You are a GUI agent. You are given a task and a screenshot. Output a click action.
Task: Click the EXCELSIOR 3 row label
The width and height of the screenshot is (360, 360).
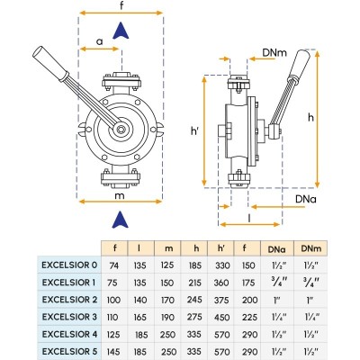69,317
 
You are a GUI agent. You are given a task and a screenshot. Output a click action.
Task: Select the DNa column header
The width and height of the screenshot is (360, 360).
276,248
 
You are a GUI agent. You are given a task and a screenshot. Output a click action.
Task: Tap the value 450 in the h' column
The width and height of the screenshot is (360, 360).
222,317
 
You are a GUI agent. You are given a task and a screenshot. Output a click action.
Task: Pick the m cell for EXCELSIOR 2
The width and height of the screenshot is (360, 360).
167,300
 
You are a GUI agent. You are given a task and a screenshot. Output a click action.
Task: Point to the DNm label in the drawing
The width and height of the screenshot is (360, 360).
274,53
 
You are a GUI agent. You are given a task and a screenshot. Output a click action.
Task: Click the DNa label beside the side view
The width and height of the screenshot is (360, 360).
306,199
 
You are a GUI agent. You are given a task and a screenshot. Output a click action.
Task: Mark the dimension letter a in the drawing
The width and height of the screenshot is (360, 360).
99,41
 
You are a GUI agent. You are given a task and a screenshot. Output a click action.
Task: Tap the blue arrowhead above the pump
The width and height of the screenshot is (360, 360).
121,31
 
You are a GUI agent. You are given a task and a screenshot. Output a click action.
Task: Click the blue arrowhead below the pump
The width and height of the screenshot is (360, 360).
121,220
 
